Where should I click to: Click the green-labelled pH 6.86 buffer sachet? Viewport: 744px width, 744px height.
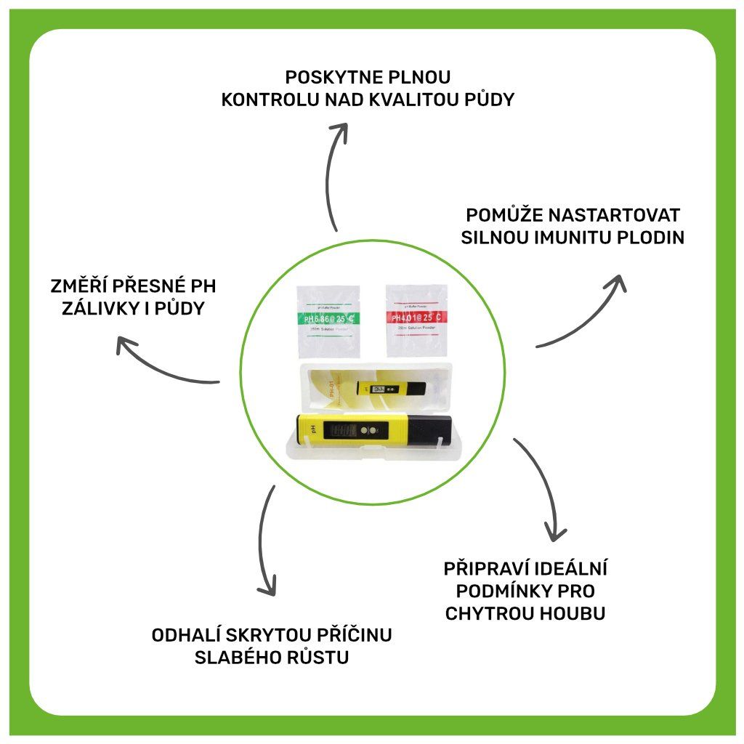(328, 320)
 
